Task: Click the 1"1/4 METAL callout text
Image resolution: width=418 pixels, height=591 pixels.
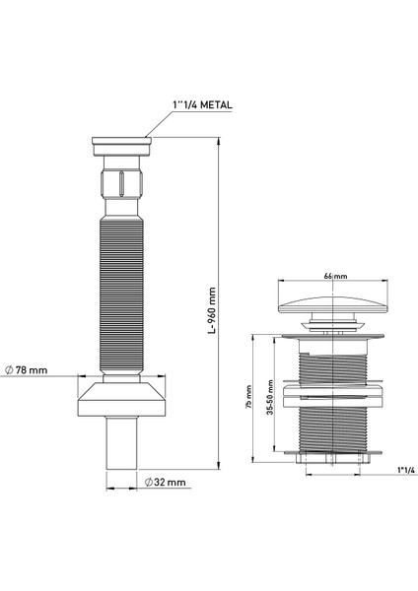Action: pyautogui.click(x=202, y=105)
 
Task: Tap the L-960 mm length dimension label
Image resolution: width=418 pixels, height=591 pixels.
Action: pyautogui.click(x=212, y=310)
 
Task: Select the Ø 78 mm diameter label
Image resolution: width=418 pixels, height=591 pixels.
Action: pyautogui.click(x=27, y=370)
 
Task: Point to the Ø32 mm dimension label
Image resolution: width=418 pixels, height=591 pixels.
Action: pyautogui.click(x=166, y=482)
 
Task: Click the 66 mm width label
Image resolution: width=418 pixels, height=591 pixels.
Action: pyautogui.click(x=335, y=276)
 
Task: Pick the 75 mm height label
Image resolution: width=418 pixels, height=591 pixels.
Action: pyautogui.click(x=248, y=397)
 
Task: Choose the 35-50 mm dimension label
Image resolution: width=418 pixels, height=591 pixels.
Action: pyautogui.click(x=270, y=397)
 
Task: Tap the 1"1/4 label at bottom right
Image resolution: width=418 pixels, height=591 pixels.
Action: pyautogui.click(x=406, y=470)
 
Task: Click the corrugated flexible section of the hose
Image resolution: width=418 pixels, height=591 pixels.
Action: pyautogui.click(x=121, y=295)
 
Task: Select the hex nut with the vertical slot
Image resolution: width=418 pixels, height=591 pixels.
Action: pyautogui.click(x=121, y=183)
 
